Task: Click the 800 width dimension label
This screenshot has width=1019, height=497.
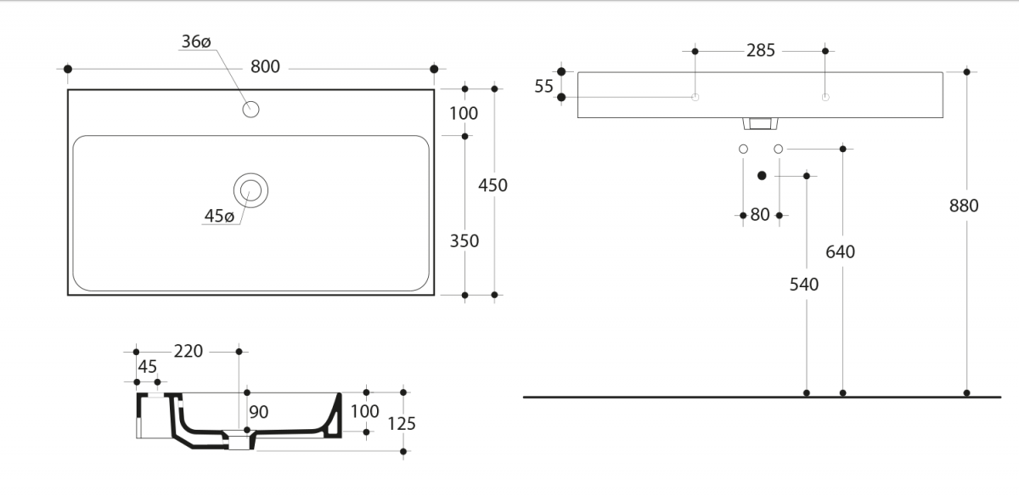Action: [265, 67]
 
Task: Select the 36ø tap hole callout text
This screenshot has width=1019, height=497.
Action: [196, 42]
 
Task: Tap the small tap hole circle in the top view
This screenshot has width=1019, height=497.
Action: [251, 110]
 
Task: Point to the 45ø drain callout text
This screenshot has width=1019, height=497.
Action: [219, 216]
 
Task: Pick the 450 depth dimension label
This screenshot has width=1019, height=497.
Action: [493, 185]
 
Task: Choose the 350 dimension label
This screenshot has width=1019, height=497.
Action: [464, 240]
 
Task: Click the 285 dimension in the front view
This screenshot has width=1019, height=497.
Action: [761, 50]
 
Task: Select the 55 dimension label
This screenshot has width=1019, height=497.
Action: [543, 86]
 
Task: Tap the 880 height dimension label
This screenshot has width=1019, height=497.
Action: [964, 206]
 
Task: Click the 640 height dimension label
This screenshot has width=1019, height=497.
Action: [840, 251]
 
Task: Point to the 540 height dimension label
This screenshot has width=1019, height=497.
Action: [804, 285]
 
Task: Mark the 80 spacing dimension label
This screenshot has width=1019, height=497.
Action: [760, 214]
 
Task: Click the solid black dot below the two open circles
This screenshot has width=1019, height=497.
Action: [762, 176]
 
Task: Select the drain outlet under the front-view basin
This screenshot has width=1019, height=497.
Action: [760, 123]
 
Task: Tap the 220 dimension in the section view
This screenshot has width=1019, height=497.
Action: [189, 351]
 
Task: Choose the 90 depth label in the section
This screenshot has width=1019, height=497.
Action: [259, 412]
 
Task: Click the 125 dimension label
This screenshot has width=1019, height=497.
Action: [402, 424]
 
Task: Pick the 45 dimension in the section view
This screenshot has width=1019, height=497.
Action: [148, 366]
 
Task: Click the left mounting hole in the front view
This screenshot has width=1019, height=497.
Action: [695, 97]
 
